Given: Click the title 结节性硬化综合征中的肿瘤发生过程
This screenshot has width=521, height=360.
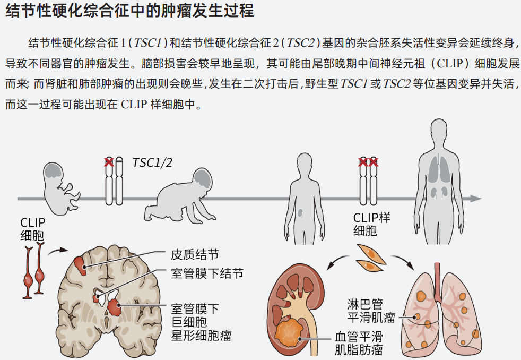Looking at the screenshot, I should [129, 11].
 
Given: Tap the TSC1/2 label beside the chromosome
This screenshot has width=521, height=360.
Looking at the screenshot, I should [144, 162].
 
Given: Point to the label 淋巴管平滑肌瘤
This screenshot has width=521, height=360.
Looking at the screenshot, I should [371, 311].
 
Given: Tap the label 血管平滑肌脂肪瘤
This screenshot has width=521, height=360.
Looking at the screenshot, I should [358, 342].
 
